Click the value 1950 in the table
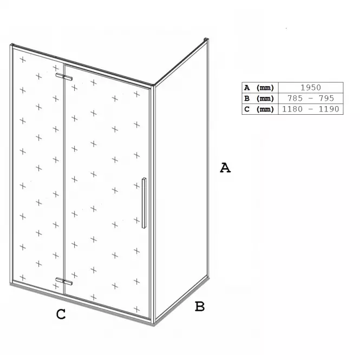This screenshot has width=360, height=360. [311, 88]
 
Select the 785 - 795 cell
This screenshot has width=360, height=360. [311, 99]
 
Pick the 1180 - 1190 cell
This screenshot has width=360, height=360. [311, 109]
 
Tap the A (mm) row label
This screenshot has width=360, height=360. [259, 88]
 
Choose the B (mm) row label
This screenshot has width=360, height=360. [259, 99]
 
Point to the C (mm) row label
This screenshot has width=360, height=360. [259, 109]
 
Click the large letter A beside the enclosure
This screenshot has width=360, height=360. [225, 168]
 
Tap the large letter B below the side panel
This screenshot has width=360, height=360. [200, 306]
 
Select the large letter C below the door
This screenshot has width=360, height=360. [61, 315]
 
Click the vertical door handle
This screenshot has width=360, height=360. [144, 203]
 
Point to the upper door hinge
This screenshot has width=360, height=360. [64, 77]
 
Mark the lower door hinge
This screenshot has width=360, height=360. [64, 282]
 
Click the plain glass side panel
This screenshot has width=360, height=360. [181, 181]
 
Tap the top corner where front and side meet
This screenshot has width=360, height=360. [153, 86]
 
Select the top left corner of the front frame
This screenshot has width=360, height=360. [11, 45]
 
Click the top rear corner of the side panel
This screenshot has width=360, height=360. [206, 40]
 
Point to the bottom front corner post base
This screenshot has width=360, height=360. [153, 322]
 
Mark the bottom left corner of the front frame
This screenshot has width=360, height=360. [11, 284]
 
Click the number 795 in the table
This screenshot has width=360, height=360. [326, 99]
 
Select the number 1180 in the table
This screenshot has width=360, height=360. [292, 109]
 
